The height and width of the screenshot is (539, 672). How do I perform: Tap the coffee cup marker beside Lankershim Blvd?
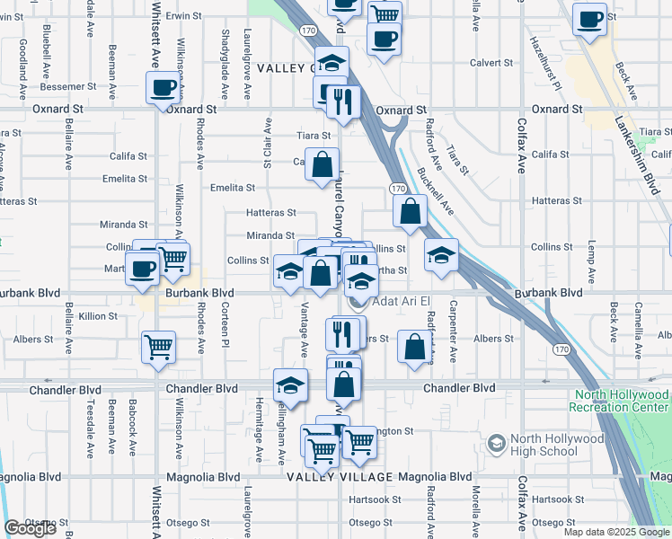tap(590, 20)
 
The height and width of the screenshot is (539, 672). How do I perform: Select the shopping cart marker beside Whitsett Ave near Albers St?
tap(159, 345)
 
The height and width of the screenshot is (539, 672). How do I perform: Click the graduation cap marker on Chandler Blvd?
tap(289, 385)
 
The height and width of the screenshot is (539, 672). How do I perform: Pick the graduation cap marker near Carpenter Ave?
tap(441, 255)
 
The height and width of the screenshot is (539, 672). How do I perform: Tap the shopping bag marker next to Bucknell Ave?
tap(410, 212)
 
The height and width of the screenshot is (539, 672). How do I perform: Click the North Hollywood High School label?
tap(557, 445)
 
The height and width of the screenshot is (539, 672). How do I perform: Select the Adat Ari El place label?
tap(403, 300)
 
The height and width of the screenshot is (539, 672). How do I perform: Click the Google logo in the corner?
tap(31, 528)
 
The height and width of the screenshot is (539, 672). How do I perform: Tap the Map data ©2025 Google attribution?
tap(616, 532)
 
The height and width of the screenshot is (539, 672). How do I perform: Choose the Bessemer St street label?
tap(66, 86)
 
